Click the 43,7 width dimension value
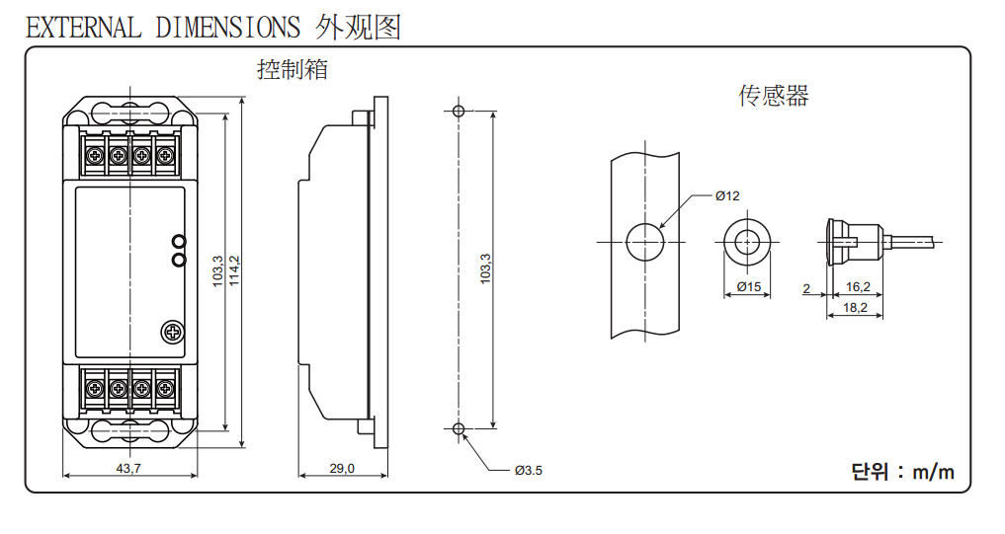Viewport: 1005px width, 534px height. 128,469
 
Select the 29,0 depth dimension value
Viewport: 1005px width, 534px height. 342,469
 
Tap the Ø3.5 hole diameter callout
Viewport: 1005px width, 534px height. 528,470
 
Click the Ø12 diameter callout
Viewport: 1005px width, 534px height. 727,195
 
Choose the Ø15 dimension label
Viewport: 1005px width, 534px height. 748,287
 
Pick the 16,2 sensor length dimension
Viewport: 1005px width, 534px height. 858,287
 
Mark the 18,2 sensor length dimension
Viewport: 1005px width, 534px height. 856,308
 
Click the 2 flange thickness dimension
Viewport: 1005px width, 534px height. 806,288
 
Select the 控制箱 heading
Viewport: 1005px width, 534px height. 292,70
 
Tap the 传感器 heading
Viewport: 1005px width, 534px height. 774,96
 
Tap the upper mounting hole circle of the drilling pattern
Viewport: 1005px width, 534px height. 458,111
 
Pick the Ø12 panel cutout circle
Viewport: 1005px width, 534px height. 644,241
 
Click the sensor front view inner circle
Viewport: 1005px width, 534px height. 748,241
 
